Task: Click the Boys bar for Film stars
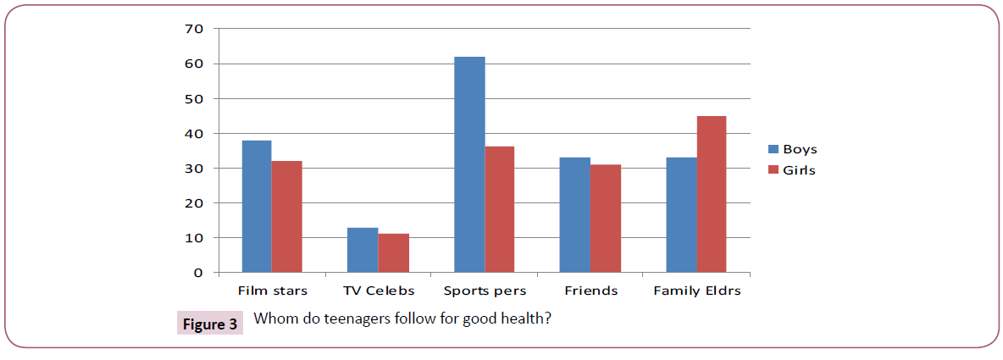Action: [257, 207]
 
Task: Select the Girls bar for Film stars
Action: [287, 217]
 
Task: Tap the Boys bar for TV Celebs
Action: [363, 250]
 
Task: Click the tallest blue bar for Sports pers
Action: [469, 165]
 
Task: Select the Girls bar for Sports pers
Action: [499, 210]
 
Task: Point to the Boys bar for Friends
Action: [575, 215]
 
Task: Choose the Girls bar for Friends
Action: [605, 219]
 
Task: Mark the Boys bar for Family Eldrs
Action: [681, 215]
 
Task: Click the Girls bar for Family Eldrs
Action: [711, 195]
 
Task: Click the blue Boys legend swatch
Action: [773, 149]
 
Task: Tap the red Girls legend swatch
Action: [773, 169]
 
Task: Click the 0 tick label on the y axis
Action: [199, 273]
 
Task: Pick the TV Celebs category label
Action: [378, 291]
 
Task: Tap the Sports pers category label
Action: [485, 291]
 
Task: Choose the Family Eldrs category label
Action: [696, 291]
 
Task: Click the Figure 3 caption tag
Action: [209, 323]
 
